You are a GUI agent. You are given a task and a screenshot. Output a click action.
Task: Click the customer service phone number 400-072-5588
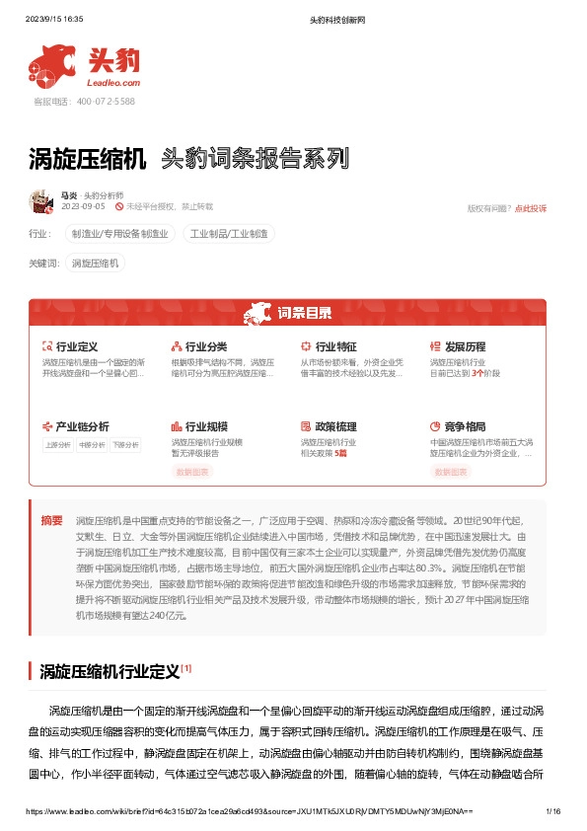pos(84,101)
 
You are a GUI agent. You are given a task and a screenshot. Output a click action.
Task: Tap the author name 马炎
pos(69,195)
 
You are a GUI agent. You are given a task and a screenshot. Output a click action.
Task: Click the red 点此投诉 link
pos(531,208)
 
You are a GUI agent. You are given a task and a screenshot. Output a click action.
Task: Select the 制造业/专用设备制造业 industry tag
pos(120,234)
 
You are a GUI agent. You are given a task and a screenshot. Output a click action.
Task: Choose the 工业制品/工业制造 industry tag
pos(232,234)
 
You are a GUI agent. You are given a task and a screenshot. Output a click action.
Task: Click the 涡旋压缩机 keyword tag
pos(96,264)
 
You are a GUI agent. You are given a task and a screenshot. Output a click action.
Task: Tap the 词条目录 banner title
pos(303,314)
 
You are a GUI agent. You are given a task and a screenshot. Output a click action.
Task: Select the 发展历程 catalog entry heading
pos(465,346)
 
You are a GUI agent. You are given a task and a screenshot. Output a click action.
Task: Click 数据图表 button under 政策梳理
pos(322,473)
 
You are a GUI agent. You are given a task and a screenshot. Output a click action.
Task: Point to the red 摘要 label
pos(51,520)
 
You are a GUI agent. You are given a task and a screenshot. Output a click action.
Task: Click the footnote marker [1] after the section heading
pos(186,668)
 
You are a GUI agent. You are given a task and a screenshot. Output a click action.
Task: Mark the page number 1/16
pos(552,811)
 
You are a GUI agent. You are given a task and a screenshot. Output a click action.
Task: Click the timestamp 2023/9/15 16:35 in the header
pos(54,19)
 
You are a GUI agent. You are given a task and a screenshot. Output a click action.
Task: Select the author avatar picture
pos(40,201)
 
